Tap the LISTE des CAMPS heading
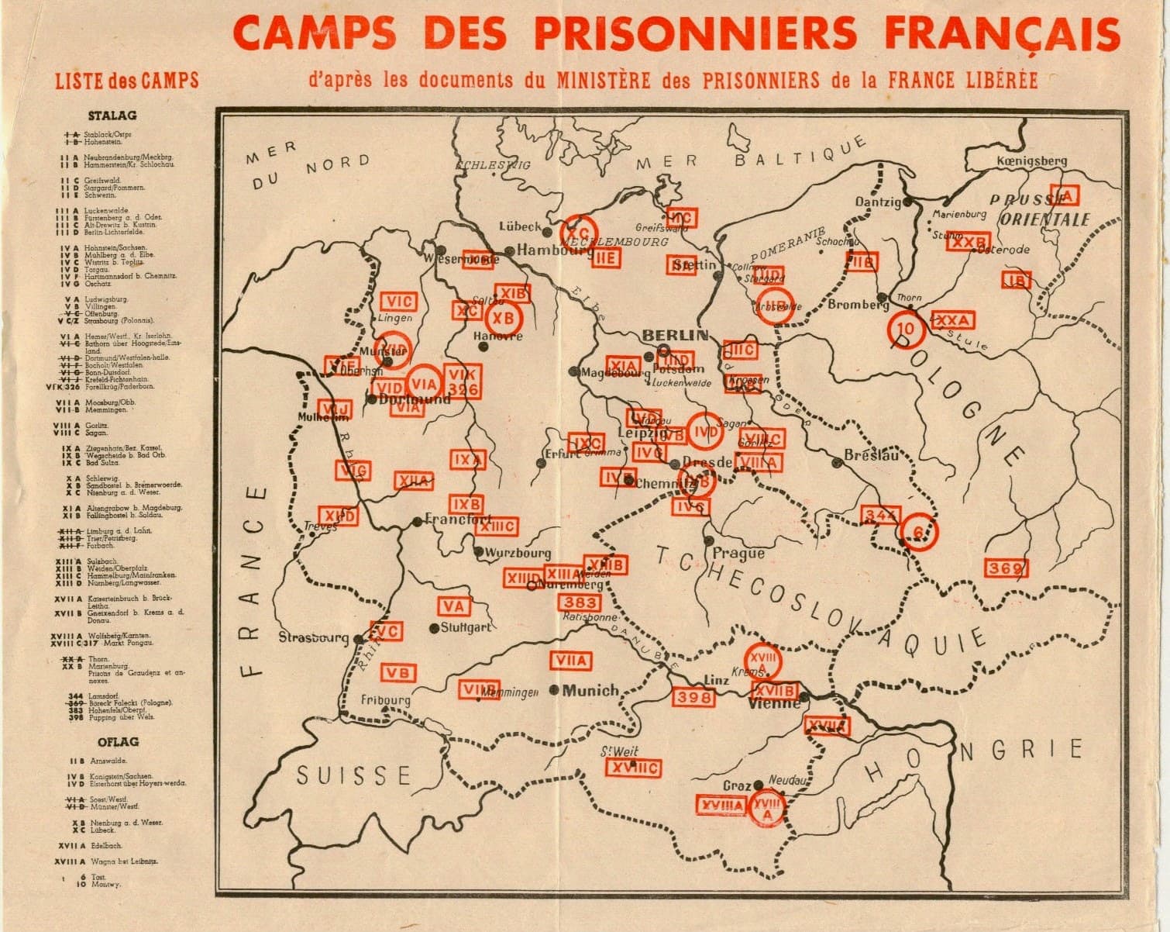126,81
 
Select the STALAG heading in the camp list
112,116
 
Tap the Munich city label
590,690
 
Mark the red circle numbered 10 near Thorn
906,329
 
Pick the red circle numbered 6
918,532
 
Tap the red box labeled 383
580,602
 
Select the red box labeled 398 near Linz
693,697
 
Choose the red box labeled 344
881,515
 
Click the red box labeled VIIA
571,661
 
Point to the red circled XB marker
504,318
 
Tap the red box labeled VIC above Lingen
399,302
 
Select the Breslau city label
872,455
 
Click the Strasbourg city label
314,638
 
